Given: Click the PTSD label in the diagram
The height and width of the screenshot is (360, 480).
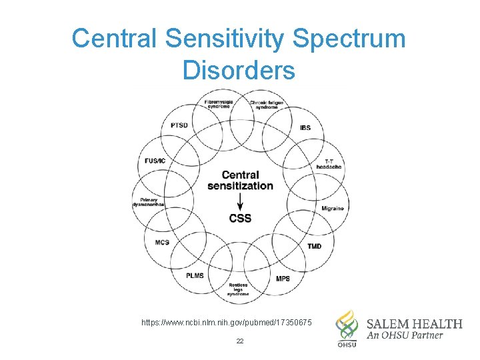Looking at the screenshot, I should pos(179,125).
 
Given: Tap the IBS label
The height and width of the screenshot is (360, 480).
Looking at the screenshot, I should pos(305,128).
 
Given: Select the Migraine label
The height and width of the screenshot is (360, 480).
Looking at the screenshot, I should pos(333,209).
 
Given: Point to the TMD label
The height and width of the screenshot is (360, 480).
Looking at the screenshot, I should pos(314,247).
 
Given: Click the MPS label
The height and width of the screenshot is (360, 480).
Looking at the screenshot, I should pos(283,279).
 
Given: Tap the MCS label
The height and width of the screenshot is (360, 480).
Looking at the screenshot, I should pos(162,243).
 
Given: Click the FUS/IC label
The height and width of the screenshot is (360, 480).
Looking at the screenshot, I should pos(156,161).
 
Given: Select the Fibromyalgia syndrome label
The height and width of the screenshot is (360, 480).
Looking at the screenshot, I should pos(218,104).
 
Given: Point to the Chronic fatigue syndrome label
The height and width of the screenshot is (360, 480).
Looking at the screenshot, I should pos(267,104).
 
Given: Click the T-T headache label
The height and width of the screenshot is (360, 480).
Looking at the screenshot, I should pos(333,164).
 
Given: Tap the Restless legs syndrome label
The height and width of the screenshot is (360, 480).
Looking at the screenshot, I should pos(238,289).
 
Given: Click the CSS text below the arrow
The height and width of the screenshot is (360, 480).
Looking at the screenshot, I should pos(240,218).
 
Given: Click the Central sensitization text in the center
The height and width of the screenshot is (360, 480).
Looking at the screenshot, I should pos(240,181).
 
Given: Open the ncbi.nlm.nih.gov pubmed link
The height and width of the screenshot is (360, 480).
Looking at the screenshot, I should pos(227,323).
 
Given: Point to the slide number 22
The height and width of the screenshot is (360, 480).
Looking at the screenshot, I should pos(240,341).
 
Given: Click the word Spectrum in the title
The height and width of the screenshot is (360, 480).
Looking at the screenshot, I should pos(348,39).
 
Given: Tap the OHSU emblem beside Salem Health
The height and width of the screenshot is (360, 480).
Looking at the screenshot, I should pos(346,327).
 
